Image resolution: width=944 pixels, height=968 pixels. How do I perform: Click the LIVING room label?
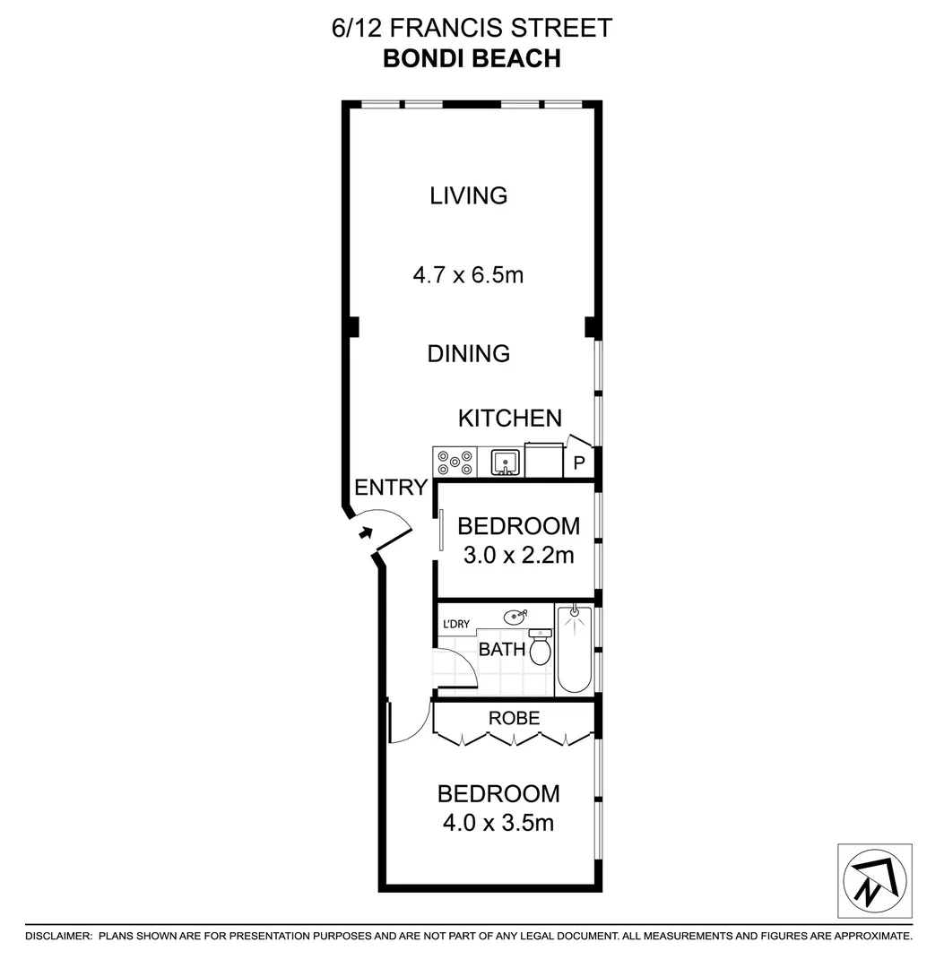coord(468,195)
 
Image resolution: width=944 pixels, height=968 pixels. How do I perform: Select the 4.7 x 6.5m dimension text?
coord(468,275)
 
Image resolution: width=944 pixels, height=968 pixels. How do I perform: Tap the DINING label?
coord(468,353)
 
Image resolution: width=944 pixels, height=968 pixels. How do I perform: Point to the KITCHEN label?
coord(509,418)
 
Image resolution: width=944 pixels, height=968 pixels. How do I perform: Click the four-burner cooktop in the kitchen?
coord(455,462)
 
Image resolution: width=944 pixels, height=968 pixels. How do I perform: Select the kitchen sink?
coord(507,462)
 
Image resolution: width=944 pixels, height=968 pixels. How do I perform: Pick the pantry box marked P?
coord(578,463)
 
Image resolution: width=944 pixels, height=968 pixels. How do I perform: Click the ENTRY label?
coord(391,488)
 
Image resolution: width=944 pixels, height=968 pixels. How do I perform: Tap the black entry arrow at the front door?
coord(365,533)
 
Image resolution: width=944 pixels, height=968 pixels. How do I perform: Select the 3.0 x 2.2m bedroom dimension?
coord(518,556)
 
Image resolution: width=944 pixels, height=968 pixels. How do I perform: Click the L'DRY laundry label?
coord(454,624)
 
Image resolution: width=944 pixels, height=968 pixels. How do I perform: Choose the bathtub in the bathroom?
coord(574,650)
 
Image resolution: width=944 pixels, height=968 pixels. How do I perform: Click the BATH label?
coord(501,649)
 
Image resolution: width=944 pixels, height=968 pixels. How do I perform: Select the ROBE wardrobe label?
coord(514,718)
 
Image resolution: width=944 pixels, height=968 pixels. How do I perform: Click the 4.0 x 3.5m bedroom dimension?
coord(498,821)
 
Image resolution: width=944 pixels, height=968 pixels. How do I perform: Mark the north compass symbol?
coord(873,879)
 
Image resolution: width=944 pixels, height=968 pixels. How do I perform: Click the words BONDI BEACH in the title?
coord(472,58)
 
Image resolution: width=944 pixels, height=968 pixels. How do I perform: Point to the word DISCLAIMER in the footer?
coord(59,936)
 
